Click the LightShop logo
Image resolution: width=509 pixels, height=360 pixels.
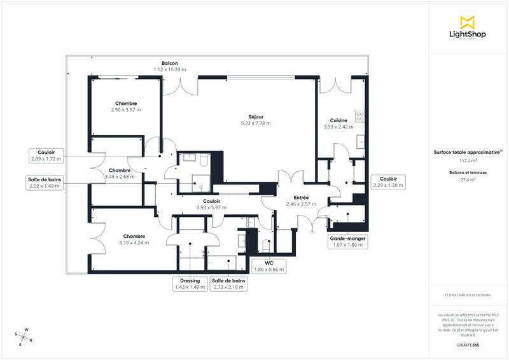468,28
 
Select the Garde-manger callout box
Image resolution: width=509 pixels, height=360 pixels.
347,241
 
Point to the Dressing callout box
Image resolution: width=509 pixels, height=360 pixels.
190,284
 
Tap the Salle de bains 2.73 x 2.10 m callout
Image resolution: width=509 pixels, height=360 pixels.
229,284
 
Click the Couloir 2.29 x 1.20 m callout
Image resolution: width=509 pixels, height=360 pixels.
388,182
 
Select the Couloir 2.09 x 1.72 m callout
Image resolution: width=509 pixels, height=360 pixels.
44,155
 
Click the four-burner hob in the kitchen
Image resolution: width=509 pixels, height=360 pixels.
359,116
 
